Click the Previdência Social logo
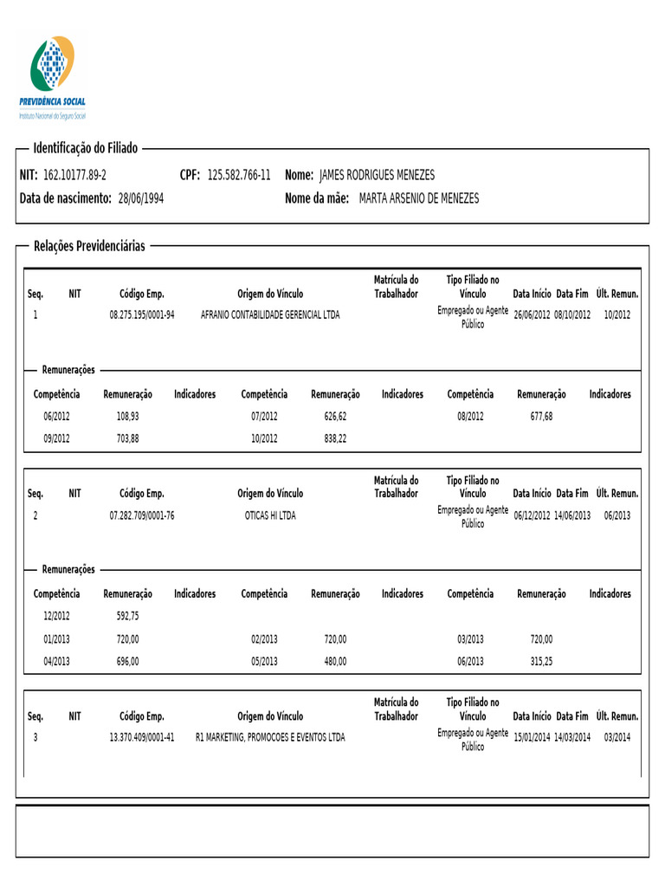click(x=53, y=77)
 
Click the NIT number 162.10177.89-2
click(x=74, y=175)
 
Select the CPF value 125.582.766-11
click(x=239, y=175)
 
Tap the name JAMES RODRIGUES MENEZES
click(x=378, y=175)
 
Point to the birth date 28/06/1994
click(x=140, y=198)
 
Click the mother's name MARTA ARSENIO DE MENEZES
click(x=418, y=198)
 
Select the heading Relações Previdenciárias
click(x=89, y=246)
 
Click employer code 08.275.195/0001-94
click(x=142, y=314)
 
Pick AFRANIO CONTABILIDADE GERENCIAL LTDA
click(x=270, y=314)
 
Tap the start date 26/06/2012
click(x=532, y=314)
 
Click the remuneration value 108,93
click(x=127, y=417)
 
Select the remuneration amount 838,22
click(x=335, y=439)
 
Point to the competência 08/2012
click(x=470, y=417)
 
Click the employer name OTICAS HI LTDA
click(x=270, y=515)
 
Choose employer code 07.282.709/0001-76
click(x=142, y=515)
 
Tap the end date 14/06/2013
click(x=572, y=515)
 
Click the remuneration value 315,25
click(x=541, y=661)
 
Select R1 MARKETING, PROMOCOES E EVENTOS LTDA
click(x=270, y=738)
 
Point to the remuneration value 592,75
click(x=127, y=617)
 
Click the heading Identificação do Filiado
click(x=85, y=148)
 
